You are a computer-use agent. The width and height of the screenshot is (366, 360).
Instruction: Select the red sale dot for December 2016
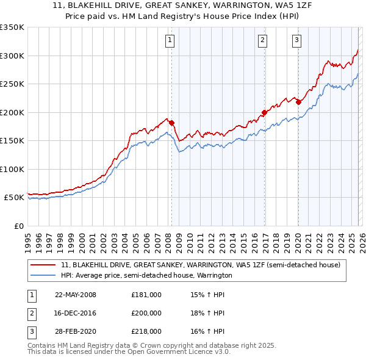pos(264,112)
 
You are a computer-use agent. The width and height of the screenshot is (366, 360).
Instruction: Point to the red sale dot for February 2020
pos(298,102)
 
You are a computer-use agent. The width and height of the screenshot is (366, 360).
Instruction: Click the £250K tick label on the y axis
pos(12,84)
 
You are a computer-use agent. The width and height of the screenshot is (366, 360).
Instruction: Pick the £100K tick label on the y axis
pos(12,169)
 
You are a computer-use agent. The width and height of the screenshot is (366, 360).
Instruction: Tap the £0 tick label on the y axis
pos(18,226)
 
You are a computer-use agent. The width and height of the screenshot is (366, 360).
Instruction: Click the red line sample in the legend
pos(44,265)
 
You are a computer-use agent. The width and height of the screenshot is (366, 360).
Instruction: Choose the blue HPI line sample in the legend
pos(44,275)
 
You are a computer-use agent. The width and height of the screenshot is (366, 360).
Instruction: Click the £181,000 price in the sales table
pos(146,295)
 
